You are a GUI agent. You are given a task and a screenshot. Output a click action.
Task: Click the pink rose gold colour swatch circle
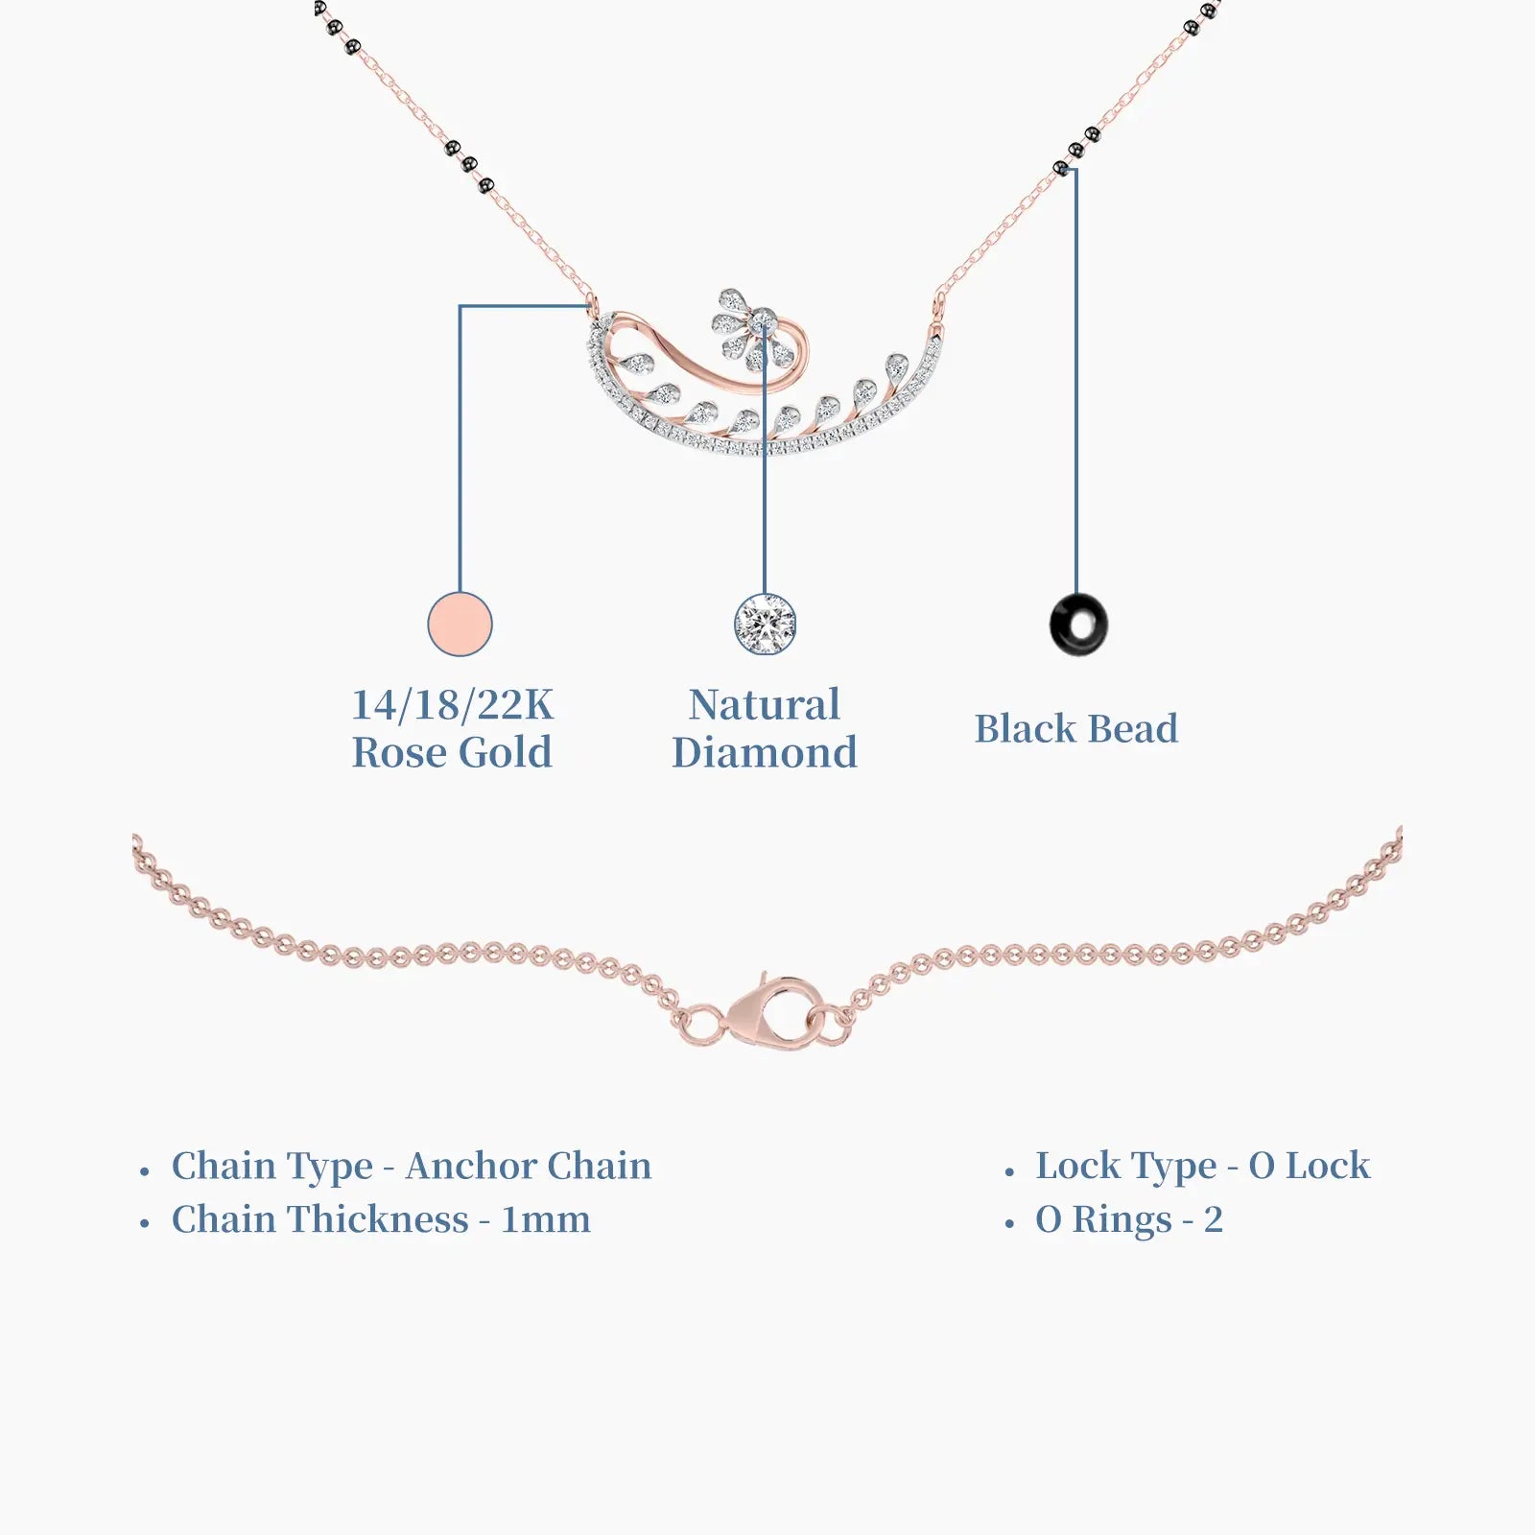click(x=460, y=624)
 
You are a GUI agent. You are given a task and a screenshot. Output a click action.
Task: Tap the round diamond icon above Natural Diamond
click(x=765, y=624)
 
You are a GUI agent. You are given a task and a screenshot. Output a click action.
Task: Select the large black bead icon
click(x=1078, y=625)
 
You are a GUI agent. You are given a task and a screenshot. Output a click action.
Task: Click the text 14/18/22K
click(x=453, y=705)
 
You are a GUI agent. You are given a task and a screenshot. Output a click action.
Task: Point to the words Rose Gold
click(x=453, y=752)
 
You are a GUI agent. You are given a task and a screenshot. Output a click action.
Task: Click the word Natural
click(x=765, y=705)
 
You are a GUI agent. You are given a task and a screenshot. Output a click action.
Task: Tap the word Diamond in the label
click(x=765, y=752)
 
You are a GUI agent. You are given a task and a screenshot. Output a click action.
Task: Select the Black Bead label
click(x=1076, y=729)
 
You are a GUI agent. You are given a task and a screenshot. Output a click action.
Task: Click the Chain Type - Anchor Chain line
click(x=412, y=1167)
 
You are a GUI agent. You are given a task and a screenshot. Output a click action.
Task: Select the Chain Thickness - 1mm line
click(x=381, y=1220)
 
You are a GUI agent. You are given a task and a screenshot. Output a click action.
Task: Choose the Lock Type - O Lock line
click(x=1203, y=1167)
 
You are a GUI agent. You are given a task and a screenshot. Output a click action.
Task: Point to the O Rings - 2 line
click(x=1129, y=1220)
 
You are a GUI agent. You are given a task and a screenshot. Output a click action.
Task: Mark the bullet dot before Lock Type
click(x=1009, y=1171)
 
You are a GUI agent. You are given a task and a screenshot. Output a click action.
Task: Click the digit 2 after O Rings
click(x=1214, y=1220)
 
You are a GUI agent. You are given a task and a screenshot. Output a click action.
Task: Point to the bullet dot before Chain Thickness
click(x=145, y=1225)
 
